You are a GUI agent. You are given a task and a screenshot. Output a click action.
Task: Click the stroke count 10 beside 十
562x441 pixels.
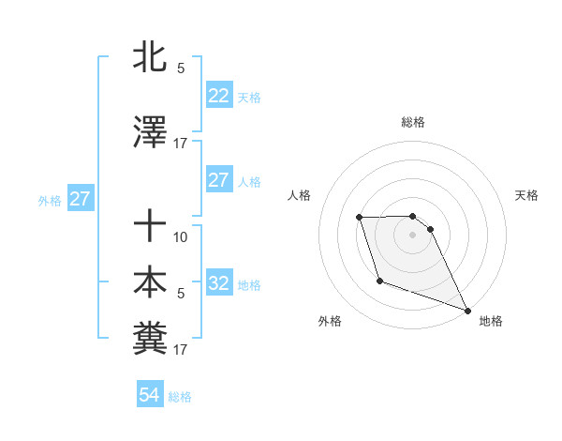point(181,236)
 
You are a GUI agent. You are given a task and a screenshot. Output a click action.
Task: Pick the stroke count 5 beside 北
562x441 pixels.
point(181,68)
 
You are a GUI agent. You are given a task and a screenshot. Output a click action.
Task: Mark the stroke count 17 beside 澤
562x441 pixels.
point(181,143)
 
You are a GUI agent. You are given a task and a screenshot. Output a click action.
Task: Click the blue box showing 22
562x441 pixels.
point(218,95)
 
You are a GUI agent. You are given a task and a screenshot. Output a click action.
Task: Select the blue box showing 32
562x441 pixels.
point(218,282)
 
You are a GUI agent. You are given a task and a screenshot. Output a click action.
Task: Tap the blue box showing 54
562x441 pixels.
point(149,395)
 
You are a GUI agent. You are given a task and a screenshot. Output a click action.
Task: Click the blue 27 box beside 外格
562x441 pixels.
point(81,198)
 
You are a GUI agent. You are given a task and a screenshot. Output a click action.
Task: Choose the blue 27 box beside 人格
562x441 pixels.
point(218,179)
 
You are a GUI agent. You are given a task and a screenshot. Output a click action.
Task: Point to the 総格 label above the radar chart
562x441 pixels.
point(413,122)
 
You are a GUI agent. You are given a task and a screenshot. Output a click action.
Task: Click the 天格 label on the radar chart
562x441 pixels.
point(526,195)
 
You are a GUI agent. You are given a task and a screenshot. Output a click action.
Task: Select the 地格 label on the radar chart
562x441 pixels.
point(491,321)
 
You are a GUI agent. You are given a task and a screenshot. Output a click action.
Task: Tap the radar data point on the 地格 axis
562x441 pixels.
point(467,311)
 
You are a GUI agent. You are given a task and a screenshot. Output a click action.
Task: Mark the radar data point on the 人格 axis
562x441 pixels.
point(360,218)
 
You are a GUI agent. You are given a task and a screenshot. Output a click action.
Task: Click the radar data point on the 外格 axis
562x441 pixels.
point(379,281)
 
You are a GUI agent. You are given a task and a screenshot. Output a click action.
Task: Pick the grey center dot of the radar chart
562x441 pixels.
point(413,235)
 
